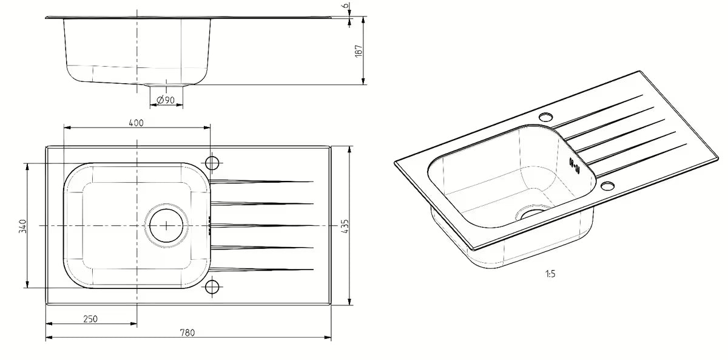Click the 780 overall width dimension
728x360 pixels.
(187, 333)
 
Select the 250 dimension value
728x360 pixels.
(90, 319)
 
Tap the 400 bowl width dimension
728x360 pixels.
(136, 123)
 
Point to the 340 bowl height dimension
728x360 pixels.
(23, 226)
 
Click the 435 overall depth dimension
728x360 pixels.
(345, 226)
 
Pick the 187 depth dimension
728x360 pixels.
(359, 51)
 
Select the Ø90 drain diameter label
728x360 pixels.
(166, 100)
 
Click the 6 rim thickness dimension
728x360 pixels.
(346, 5)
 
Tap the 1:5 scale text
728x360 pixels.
(550, 274)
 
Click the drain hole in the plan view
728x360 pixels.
(166, 226)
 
